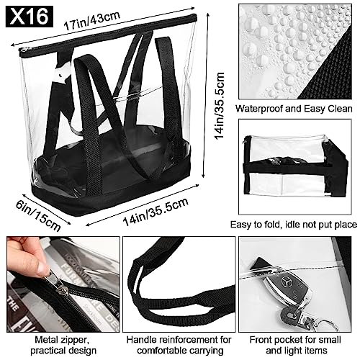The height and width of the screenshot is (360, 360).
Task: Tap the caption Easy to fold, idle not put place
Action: [295, 223]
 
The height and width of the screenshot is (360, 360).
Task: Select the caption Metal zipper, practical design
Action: [60, 343]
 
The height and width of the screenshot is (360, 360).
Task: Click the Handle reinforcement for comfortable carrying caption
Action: [179, 343]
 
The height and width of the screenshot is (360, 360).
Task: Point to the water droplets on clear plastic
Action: [274, 43]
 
